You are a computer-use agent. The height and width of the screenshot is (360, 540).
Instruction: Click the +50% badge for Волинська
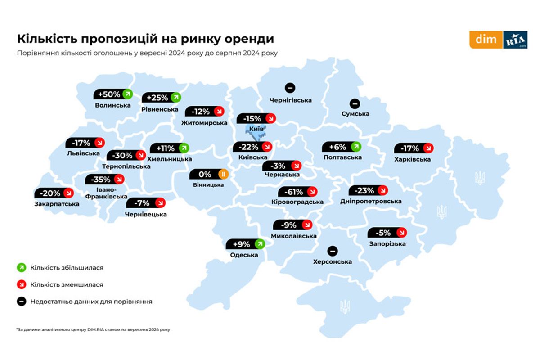click(113, 94)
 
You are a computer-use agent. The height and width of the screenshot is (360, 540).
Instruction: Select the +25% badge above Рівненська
click(161, 97)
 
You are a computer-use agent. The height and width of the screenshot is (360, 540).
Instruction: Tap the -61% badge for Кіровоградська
click(298, 192)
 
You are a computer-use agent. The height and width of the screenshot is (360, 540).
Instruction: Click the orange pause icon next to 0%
click(223, 174)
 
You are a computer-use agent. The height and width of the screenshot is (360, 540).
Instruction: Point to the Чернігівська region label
click(290, 100)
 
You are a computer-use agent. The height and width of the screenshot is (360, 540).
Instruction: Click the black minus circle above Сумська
click(355, 103)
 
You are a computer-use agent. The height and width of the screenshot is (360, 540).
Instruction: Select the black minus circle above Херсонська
click(332, 251)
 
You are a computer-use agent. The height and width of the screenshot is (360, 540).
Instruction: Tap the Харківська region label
click(412, 159)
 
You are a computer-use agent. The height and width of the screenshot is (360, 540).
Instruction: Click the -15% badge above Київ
click(256, 118)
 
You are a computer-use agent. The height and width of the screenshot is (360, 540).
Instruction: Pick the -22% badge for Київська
click(252, 147)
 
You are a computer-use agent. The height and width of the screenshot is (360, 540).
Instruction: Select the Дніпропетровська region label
click(371, 201)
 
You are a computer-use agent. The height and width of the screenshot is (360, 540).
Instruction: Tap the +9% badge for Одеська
click(246, 244)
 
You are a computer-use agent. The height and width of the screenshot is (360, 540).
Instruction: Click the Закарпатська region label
click(57, 204)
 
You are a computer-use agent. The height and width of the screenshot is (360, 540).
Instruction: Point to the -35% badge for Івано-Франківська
click(105, 179)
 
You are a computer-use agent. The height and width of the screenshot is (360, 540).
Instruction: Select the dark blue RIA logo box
click(515, 40)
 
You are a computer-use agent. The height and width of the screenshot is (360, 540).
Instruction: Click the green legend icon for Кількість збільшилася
click(21, 268)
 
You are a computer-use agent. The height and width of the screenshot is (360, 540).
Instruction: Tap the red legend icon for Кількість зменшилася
click(21, 284)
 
